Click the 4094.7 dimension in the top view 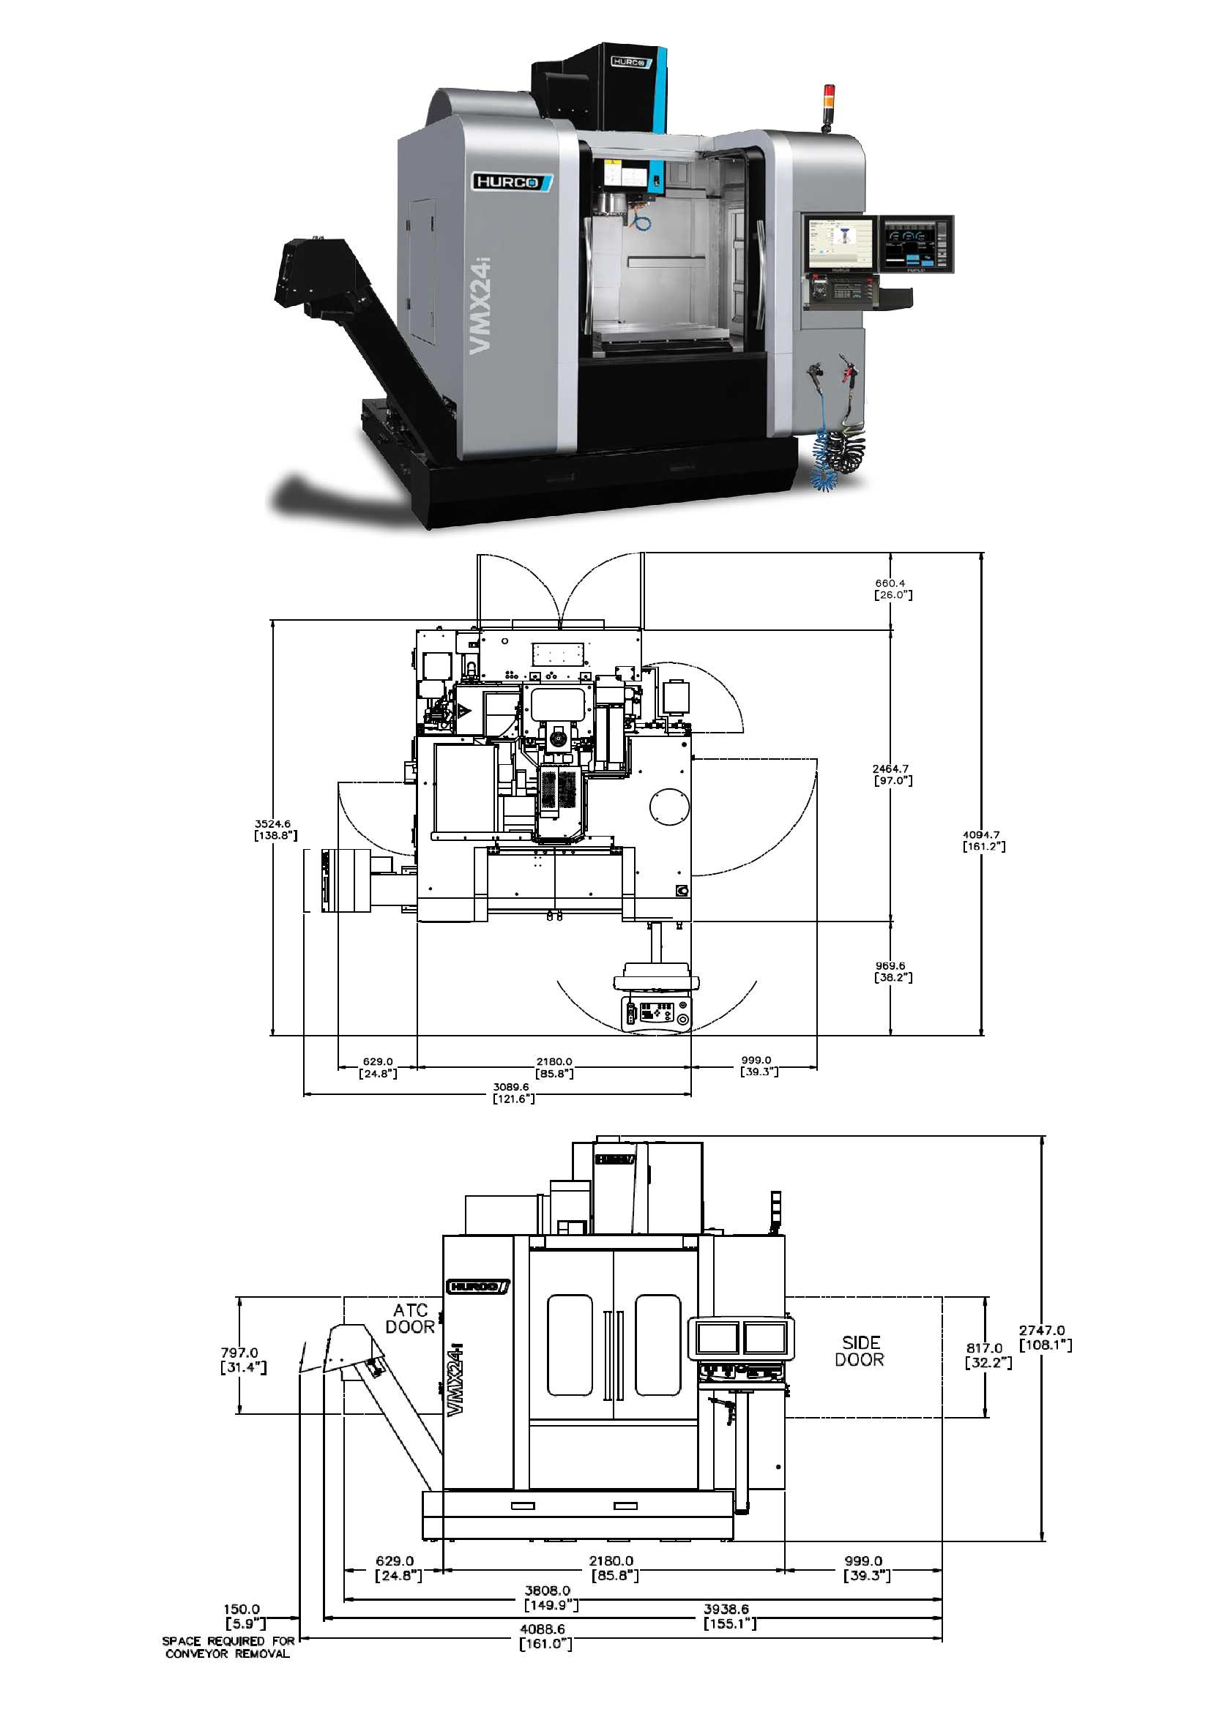click(x=983, y=840)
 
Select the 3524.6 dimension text click(x=275, y=829)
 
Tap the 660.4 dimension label click(x=892, y=589)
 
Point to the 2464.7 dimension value click(x=892, y=774)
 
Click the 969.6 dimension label click(x=892, y=971)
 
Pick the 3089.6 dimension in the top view click(x=513, y=1092)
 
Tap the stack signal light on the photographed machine click(x=828, y=100)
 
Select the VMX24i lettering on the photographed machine click(x=480, y=304)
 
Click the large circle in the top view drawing click(x=669, y=806)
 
